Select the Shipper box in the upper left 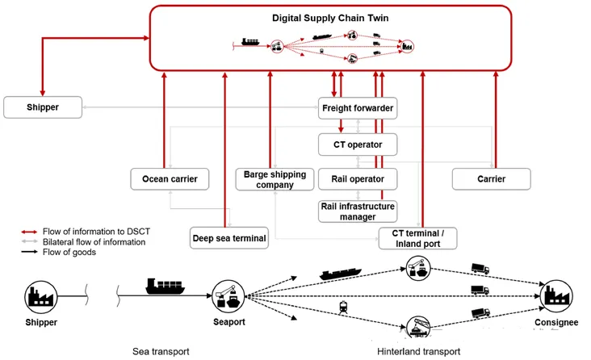click(x=42, y=106)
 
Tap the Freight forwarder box click(x=357, y=107)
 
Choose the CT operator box click(x=357, y=144)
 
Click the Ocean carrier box click(x=164, y=178)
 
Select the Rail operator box click(x=357, y=178)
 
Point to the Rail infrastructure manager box click(x=357, y=211)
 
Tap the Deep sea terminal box click(x=229, y=238)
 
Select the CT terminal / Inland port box click(x=417, y=238)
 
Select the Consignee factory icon click(x=556, y=296)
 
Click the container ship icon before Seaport click(x=167, y=287)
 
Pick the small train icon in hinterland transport click(x=342, y=306)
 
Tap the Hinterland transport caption click(x=418, y=351)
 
